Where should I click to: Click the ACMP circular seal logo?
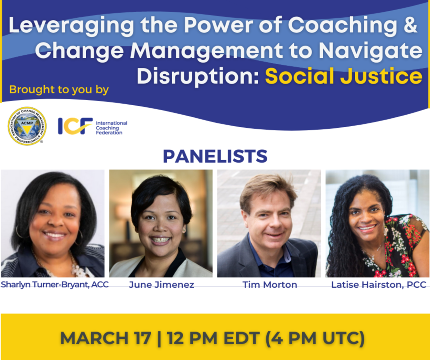tap(27, 126)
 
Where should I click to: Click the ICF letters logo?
tap(75, 126)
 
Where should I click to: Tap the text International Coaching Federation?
tap(111, 127)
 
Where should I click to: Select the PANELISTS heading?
tap(215, 156)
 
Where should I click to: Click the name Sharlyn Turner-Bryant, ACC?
tap(54, 285)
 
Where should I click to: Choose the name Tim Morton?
tap(269, 285)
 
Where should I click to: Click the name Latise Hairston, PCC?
tap(378, 285)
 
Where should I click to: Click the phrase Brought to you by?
tap(59, 89)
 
